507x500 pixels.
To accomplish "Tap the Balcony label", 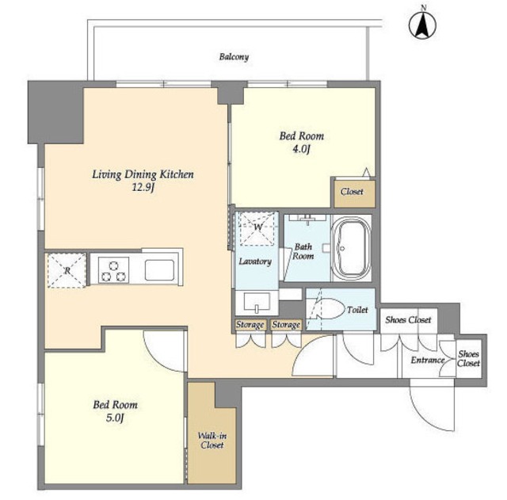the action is (x=234, y=57).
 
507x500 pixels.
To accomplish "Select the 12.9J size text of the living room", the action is (x=143, y=187).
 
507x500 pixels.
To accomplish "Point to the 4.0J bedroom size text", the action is (x=301, y=149).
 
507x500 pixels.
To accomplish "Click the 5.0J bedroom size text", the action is (x=115, y=418).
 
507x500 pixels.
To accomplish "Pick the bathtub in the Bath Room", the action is (x=352, y=248).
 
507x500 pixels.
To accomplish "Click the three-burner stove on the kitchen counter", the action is (x=113, y=270).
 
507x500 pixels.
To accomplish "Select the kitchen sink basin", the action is (x=159, y=270).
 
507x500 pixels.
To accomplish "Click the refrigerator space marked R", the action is (x=67, y=270).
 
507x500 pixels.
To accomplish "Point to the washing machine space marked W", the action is (x=257, y=228).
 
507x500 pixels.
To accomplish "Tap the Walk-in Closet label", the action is (x=212, y=440).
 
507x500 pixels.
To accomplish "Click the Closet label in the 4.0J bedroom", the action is (x=352, y=192).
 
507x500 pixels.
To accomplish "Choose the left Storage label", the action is (x=250, y=324).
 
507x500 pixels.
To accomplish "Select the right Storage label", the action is (x=286, y=324).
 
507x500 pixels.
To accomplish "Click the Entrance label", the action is (x=428, y=360).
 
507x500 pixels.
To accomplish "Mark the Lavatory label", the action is (x=255, y=261).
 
